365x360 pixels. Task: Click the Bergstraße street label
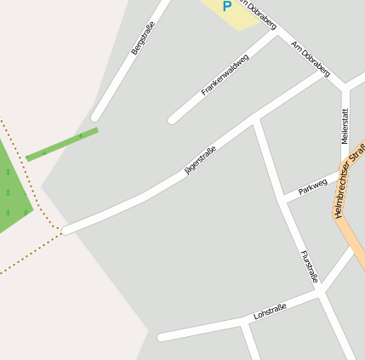pyautogui.click(x=145, y=38)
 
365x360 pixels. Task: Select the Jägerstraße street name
pyautogui.click(x=200, y=160)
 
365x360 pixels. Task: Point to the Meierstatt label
pyautogui.click(x=345, y=125)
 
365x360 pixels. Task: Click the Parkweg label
pyautogui.click(x=312, y=185)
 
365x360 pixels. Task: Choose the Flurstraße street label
pyautogui.click(x=309, y=266)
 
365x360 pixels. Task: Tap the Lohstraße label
pyautogui.click(x=270, y=311)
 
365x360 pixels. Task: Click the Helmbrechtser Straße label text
pyautogui.click(x=350, y=180)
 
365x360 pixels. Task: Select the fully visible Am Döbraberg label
pyautogui.click(x=310, y=58)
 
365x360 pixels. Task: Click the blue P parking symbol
pyautogui.click(x=226, y=7)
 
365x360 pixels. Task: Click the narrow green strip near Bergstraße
pyautogui.click(x=62, y=145)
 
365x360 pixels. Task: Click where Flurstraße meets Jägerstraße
pyautogui.click(x=255, y=123)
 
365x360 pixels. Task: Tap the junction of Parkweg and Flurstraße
pyautogui.click(x=283, y=199)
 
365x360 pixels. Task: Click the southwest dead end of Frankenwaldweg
pyautogui.click(x=173, y=119)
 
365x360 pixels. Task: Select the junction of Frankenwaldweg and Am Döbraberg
pyautogui.click(x=277, y=36)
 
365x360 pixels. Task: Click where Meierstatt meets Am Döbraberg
pyautogui.click(x=345, y=87)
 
